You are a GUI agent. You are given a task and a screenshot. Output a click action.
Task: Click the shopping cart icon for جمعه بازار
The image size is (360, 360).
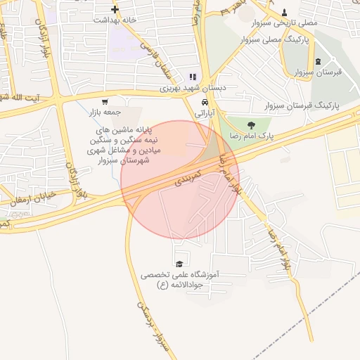coord(105,102)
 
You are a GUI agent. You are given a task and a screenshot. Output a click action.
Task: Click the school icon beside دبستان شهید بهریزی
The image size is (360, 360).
coord(193,77)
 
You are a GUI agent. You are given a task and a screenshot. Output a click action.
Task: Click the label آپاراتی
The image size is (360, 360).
coord(202,112)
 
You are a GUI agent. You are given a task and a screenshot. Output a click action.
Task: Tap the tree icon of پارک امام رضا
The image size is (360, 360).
coord(250,124)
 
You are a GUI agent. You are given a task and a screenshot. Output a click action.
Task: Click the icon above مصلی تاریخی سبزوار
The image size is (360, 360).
coord(284,12)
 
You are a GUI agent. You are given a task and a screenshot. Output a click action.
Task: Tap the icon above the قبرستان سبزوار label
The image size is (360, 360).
coord(319,61)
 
